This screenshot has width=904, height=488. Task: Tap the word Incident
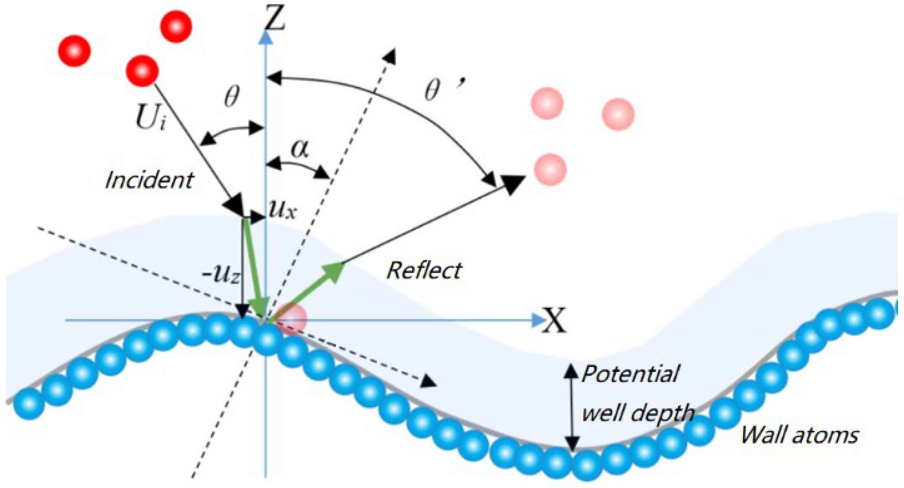point(149,180)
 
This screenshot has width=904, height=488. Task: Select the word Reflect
point(424,270)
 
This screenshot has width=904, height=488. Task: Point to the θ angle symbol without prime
point(231,97)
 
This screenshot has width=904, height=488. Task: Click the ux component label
point(283,210)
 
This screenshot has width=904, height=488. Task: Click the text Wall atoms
point(799,435)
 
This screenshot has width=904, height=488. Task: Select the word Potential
point(630,373)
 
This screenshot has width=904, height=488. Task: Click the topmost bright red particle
point(176,26)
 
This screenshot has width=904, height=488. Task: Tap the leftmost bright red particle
point(74,51)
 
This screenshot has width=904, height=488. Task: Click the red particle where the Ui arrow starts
point(142,71)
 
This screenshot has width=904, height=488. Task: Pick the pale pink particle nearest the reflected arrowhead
point(550,169)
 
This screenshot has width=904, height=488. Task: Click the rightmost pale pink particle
point(618,114)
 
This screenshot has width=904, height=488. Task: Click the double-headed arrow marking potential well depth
point(572,407)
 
